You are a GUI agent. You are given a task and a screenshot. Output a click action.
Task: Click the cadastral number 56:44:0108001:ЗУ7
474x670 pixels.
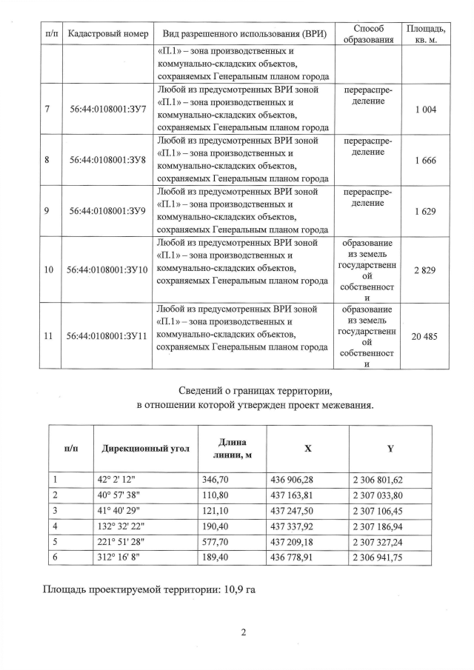107,109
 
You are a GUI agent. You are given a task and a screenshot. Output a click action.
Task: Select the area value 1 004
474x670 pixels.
425,109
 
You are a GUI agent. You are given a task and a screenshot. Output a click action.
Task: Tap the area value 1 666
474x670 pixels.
425,160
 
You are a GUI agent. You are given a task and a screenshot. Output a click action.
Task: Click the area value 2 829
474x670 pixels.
425,269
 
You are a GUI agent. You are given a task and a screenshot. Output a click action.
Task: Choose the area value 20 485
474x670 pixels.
425,335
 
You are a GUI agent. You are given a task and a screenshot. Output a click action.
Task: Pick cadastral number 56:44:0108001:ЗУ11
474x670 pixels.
107,335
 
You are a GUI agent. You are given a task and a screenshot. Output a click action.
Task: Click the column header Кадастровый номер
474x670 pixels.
107,33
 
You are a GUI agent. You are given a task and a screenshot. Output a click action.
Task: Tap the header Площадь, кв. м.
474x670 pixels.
425,33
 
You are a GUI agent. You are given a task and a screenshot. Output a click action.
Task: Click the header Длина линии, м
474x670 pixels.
229,448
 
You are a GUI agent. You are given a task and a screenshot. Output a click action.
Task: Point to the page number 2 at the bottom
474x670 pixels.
242,632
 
